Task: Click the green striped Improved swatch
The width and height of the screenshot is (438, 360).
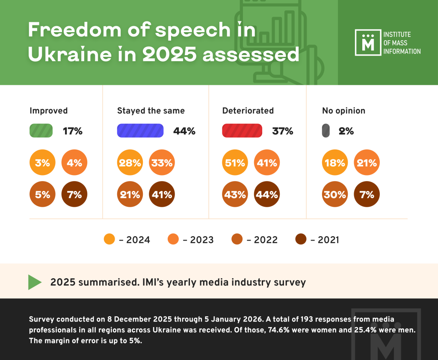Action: point(41,131)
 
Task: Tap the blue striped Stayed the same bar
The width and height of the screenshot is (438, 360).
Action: point(140,131)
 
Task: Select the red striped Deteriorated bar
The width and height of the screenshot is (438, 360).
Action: point(242,131)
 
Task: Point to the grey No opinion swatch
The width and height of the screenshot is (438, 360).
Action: point(326,131)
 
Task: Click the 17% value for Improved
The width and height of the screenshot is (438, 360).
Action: point(73,131)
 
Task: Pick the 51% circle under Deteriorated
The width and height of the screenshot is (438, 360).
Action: point(235,163)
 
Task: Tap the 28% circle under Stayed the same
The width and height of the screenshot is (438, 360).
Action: point(130,163)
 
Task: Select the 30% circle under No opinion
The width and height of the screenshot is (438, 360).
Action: point(335,195)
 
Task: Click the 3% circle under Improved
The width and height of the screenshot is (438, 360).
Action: point(42,163)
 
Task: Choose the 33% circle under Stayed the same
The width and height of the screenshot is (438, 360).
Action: point(162,163)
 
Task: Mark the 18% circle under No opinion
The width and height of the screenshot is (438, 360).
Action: point(335,163)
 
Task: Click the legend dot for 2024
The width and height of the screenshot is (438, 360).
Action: point(109,239)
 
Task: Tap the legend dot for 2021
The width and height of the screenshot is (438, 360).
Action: point(301,239)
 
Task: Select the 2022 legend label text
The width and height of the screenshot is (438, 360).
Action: point(266,240)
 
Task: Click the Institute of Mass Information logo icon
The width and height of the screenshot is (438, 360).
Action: point(367,43)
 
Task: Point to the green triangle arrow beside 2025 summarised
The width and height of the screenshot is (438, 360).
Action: point(35,282)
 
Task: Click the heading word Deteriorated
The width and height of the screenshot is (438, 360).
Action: point(248,111)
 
